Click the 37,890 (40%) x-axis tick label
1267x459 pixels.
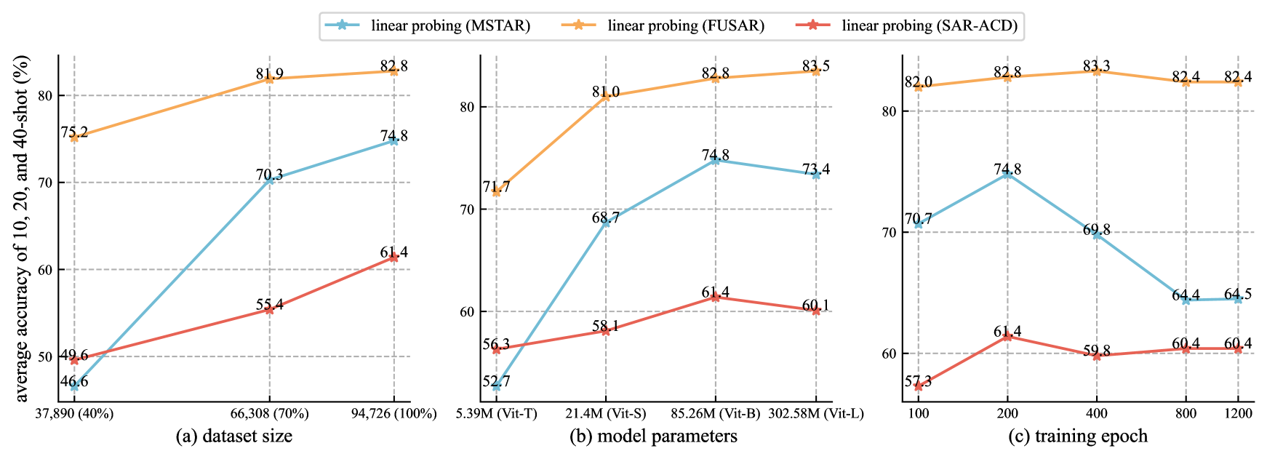coord(74,414)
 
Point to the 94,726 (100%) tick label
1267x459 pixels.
coord(393,414)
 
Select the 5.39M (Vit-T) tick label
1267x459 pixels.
coord(497,414)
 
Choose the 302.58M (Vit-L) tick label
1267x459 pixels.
coord(816,414)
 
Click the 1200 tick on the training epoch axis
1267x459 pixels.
coord(1238,414)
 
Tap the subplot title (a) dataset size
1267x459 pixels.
coord(234,436)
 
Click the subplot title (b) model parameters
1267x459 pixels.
coord(653,436)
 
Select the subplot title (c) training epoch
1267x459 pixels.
coord(1078,436)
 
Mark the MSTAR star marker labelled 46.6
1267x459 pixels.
coord(74,386)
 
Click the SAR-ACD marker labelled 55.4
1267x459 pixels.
coord(270,309)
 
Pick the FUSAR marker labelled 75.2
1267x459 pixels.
coord(74,137)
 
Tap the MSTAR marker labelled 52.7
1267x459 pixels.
coord(497,386)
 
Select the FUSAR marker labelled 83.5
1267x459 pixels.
coord(816,71)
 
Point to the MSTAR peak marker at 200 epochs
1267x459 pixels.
coord(1007,175)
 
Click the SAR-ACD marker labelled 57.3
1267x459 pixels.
coord(919,386)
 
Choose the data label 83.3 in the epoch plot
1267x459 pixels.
coord(1097,67)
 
